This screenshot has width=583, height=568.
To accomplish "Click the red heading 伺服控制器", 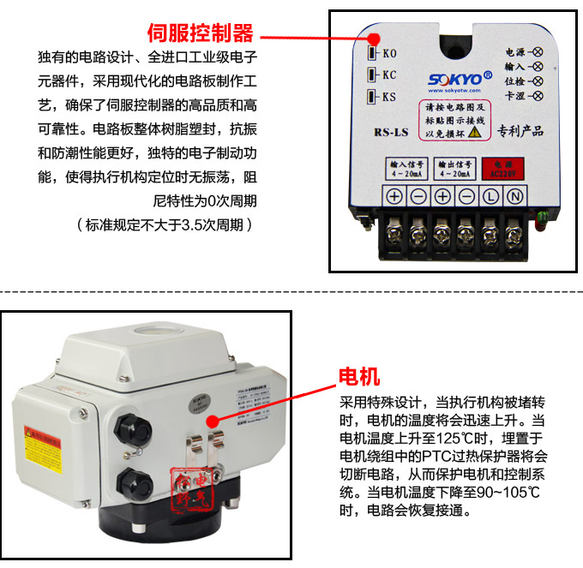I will point(201,33).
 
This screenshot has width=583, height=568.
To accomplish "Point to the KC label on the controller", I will point(388,75).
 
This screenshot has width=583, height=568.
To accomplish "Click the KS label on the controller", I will point(388,97).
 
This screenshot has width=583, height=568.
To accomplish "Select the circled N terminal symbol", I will point(516,196).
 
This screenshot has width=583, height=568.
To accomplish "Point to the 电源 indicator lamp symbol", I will point(538,51).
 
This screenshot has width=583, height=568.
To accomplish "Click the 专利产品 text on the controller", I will point(520,132).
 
